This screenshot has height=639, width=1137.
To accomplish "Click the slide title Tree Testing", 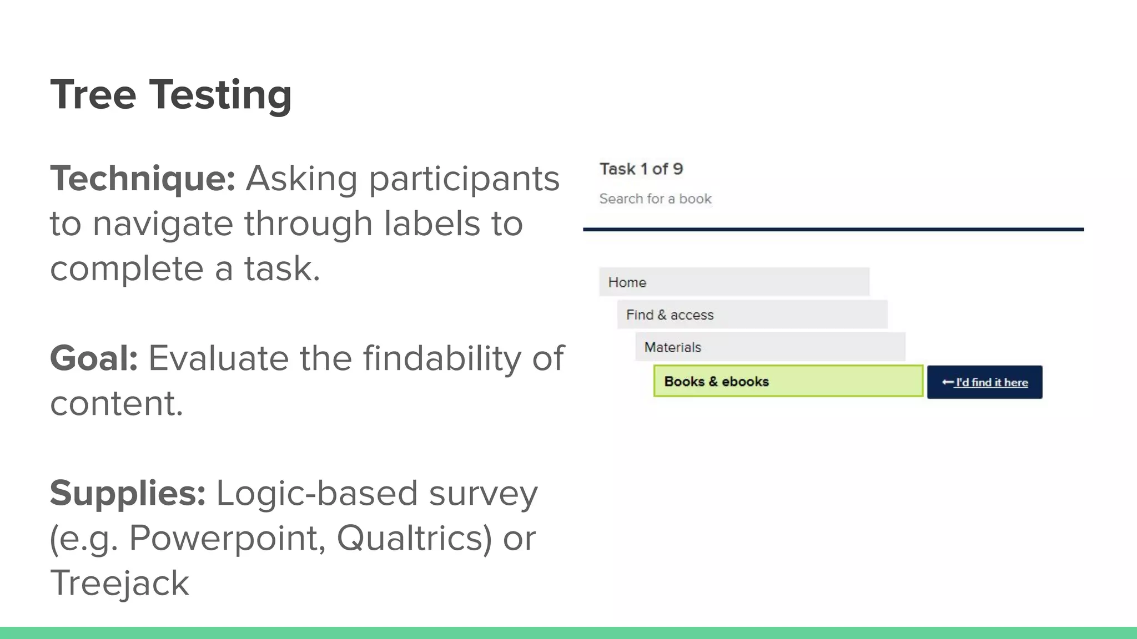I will click(x=170, y=94).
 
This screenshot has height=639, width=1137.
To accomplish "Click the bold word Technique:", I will click(x=143, y=179).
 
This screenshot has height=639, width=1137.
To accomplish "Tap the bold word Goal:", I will click(x=94, y=358).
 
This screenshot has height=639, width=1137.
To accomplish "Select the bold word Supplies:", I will click(x=128, y=493).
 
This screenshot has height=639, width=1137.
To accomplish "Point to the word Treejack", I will click(x=119, y=582).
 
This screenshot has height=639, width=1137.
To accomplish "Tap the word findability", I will click(x=442, y=358).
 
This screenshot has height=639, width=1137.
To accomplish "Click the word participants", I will click(x=464, y=179).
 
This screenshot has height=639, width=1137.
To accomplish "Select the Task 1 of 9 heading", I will click(x=641, y=169).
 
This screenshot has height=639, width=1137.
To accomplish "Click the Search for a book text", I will click(x=655, y=199).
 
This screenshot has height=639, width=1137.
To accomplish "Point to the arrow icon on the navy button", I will click(x=947, y=382).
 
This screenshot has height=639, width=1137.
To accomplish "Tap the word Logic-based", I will click(x=316, y=493).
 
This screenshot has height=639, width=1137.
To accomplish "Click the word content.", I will click(x=117, y=403).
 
